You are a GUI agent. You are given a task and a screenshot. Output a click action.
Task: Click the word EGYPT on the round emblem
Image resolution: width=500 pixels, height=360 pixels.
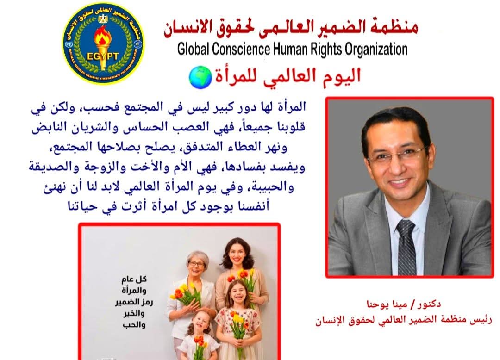[103, 56]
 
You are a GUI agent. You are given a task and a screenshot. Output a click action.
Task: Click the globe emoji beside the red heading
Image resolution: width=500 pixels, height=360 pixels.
[200, 77]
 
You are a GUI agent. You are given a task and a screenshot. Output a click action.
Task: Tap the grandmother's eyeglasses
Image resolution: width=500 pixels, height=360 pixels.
[196, 264]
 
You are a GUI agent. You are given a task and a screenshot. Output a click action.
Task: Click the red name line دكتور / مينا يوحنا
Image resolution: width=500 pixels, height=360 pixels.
[404, 304]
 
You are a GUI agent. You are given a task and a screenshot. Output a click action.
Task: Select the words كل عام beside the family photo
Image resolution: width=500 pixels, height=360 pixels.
[134, 279]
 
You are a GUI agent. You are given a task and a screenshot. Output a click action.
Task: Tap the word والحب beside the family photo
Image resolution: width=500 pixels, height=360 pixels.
[134, 325]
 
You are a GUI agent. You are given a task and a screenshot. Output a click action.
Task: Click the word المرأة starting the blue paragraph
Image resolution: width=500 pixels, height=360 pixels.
[291, 106]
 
